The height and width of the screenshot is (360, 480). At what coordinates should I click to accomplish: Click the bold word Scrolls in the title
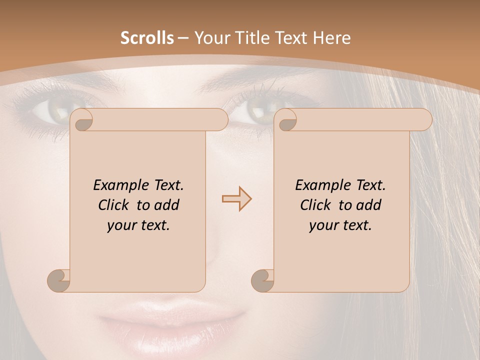coord(147,37)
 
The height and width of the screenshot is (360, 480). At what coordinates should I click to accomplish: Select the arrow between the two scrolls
coord(236,199)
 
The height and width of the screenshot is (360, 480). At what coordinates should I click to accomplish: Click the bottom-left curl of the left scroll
coord(58,280)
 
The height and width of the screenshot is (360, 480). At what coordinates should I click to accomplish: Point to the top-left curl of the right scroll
coord(286,120)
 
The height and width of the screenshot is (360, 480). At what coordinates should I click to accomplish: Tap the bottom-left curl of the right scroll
coord(262,280)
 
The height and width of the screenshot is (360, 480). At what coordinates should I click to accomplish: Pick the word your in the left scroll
coord(120,225)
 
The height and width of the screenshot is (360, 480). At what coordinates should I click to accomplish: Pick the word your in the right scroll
coord(322,225)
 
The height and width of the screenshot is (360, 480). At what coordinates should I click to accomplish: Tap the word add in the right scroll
coord(368,205)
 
